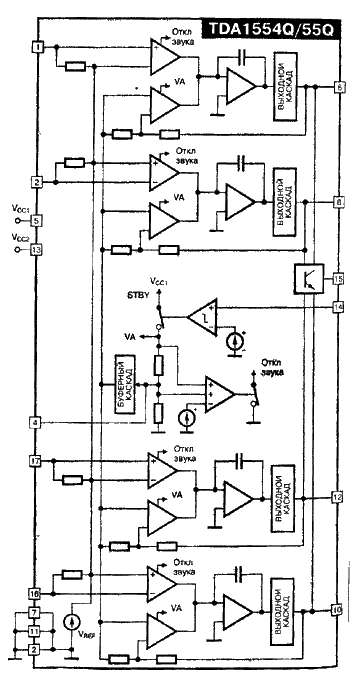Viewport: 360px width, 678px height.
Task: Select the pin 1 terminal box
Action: (36, 47)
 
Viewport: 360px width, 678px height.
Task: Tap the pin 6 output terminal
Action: (339, 88)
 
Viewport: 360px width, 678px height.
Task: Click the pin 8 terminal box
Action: (339, 201)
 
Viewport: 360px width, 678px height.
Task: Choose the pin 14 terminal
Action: (339, 307)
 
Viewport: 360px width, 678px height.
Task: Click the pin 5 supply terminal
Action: (36, 220)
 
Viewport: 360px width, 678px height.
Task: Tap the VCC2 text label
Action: (20, 238)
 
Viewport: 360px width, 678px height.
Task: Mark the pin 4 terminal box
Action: (36, 423)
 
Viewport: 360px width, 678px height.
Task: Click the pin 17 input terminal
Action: (36, 462)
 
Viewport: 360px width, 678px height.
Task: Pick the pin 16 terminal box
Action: (36, 593)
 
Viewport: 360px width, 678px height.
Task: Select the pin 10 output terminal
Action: (338, 608)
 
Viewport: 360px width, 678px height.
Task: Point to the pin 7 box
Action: (36, 612)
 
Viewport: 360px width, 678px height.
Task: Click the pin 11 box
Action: (36, 631)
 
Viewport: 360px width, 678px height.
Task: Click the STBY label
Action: (138, 297)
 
